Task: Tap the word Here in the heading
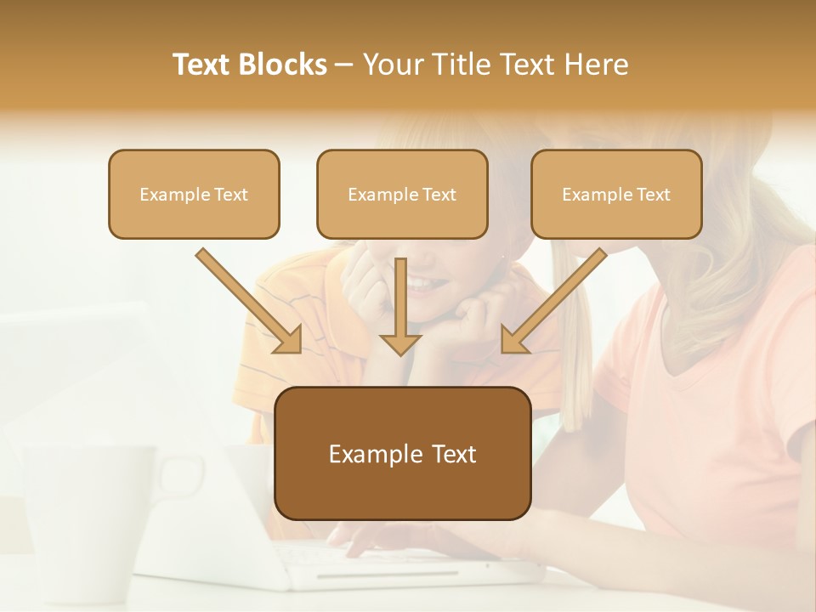(594, 65)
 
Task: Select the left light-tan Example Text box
(194, 195)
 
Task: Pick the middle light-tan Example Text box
(402, 195)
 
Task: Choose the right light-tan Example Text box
(616, 195)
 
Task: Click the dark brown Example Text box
(402, 454)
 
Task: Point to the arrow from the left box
(249, 301)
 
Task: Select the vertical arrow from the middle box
(399, 306)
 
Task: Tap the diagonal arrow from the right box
(554, 301)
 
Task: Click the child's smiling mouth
(422, 283)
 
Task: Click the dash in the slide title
(344, 65)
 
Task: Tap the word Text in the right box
(653, 195)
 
